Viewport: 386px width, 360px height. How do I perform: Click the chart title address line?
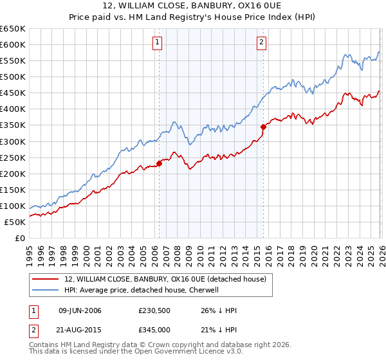coord(192,6)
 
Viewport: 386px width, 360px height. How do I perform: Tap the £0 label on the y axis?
coord(19,239)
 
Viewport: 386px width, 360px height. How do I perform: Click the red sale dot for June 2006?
coord(159,163)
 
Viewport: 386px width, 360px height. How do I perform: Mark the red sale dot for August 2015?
coord(263,127)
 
